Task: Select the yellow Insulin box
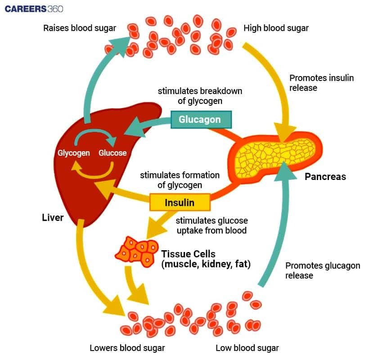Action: click(180, 202)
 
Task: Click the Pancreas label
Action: click(325, 176)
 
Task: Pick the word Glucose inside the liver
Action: click(112, 153)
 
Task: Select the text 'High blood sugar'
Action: click(276, 28)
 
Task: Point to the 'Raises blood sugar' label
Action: click(79, 28)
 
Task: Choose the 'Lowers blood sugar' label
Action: click(127, 348)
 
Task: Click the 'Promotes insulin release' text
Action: click(321, 83)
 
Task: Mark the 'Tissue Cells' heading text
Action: click(188, 254)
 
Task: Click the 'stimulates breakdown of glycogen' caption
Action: click(200, 96)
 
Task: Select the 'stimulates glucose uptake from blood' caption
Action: click(211, 225)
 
